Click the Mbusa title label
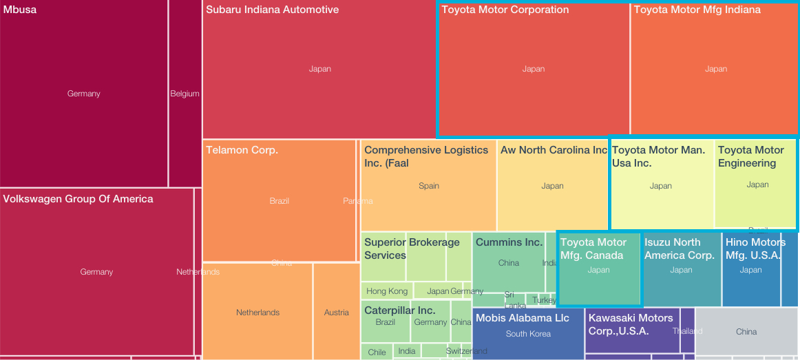(x=20, y=10)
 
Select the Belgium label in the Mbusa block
(x=185, y=94)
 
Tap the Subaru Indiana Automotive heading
(x=272, y=10)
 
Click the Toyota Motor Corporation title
(x=505, y=10)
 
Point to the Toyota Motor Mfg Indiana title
(x=697, y=10)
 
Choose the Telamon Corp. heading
(x=242, y=150)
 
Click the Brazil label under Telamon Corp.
(x=280, y=201)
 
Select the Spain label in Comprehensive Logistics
(x=428, y=186)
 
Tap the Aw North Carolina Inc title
(x=554, y=150)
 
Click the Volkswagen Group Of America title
(x=78, y=199)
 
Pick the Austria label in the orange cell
(x=336, y=313)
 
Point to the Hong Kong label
(x=386, y=291)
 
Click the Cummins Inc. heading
(x=509, y=242)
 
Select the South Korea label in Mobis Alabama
(x=528, y=334)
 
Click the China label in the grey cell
(x=746, y=332)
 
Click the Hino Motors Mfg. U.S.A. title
(x=755, y=248)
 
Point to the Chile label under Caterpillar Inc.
(x=377, y=352)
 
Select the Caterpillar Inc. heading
(x=399, y=310)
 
